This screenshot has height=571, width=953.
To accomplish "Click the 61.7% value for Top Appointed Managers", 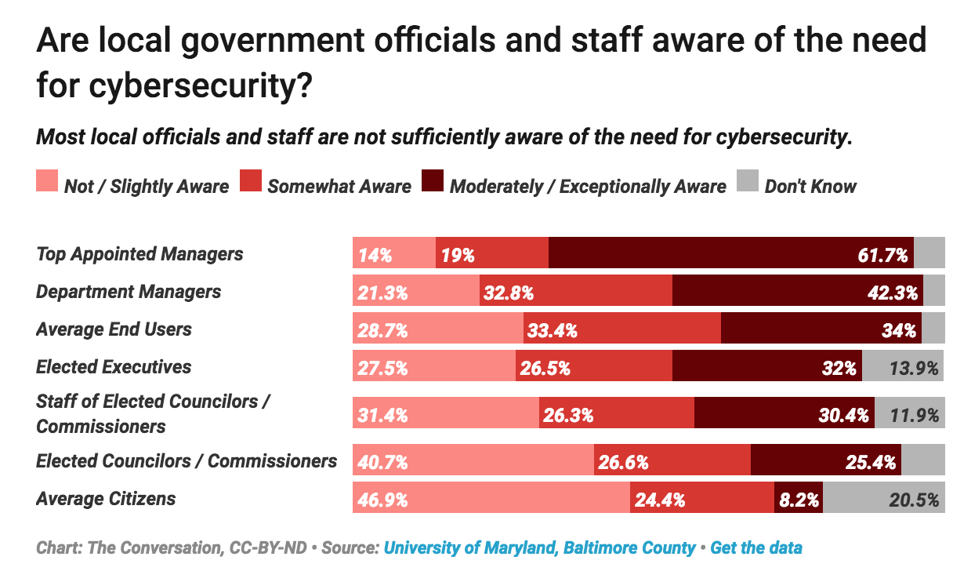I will (x=884, y=255).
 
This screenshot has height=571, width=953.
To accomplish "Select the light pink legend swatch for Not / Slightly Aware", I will (x=47, y=183).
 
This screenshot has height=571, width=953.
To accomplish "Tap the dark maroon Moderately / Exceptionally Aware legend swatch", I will (x=433, y=183).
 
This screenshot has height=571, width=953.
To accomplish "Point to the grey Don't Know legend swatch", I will (x=748, y=183).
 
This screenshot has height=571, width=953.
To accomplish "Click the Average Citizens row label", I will (x=106, y=499).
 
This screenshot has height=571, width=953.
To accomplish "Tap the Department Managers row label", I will (x=129, y=292).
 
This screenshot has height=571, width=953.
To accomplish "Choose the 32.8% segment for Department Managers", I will (x=575, y=293).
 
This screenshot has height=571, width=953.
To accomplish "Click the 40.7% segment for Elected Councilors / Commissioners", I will (x=473, y=462).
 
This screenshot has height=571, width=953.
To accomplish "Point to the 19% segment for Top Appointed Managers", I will (x=491, y=255).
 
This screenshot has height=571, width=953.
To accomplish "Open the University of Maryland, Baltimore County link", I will (x=539, y=547).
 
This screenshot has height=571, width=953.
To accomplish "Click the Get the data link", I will (x=756, y=547).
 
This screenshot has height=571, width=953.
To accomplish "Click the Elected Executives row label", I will (x=114, y=367).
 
